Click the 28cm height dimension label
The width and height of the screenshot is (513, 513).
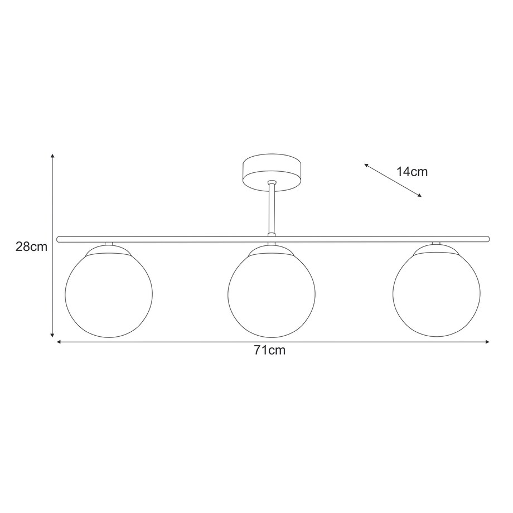(31, 246)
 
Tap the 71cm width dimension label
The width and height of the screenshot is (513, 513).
(270, 351)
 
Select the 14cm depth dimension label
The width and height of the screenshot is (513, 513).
(412, 172)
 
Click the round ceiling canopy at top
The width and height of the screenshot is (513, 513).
(272, 173)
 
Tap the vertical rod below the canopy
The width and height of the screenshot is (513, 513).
(272, 209)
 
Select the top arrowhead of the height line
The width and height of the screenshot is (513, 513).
(52, 156)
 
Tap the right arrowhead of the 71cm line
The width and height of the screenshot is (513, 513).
(487, 342)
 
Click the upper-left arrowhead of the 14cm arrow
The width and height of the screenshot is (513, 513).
(366, 164)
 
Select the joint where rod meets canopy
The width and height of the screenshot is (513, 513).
(272, 183)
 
